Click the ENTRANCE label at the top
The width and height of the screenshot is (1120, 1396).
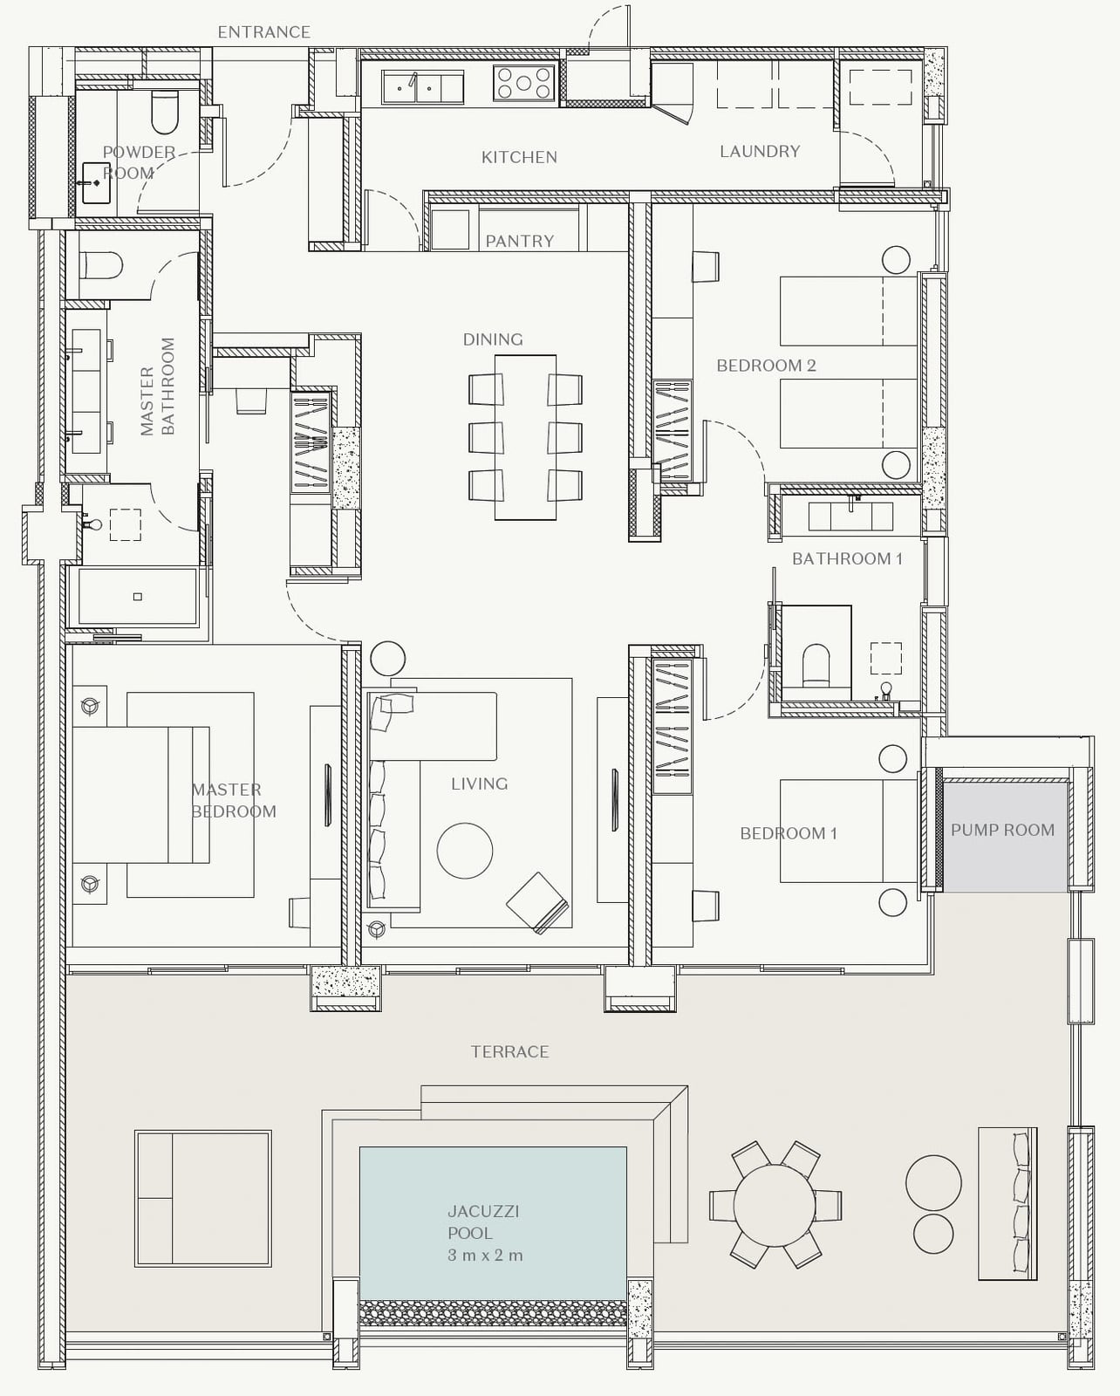pyautogui.click(x=263, y=31)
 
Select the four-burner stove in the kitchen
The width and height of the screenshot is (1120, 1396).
pyautogui.click(x=524, y=82)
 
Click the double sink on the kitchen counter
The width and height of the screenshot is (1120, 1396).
pyautogui.click(x=422, y=87)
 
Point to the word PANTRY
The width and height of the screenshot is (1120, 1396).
pyautogui.click(x=520, y=242)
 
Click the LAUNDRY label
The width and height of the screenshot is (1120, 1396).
pyautogui.click(x=760, y=151)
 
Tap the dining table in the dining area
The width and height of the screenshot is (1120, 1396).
pyautogui.click(x=525, y=437)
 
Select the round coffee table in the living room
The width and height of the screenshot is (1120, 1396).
pyautogui.click(x=464, y=851)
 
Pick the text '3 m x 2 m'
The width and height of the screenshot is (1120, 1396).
pyautogui.click(x=484, y=1256)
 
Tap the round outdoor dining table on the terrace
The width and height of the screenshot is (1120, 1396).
pyautogui.click(x=775, y=1205)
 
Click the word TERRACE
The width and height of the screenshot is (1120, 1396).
pyautogui.click(x=509, y=1051)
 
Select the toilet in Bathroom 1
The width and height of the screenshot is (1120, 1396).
pyautogui.click(x=816, y=664)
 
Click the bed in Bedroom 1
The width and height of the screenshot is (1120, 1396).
pyautogui.click(x=848, y=831)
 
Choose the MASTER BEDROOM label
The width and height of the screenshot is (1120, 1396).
pyautogui.click(x=234, y=800)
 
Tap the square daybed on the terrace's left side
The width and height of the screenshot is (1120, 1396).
pyautogui.click(x=203, y=1198)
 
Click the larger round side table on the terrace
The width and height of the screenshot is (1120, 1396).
pyautogui.click(x=933, y=1183)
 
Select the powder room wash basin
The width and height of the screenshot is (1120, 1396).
pyautogui.click(x=96, y=183)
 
